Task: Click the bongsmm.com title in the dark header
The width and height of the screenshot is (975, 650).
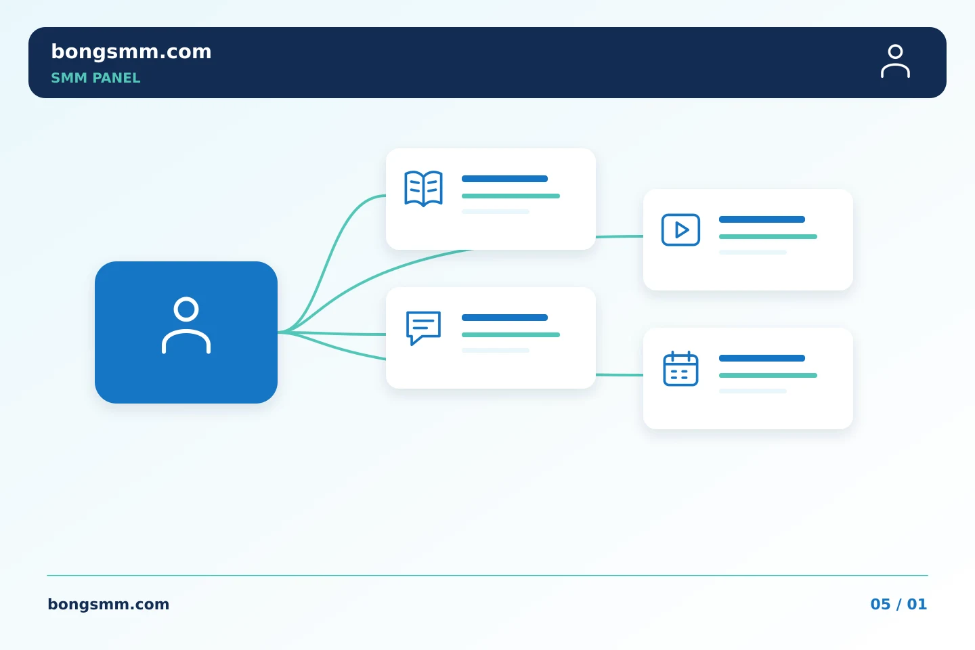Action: click(131, 52)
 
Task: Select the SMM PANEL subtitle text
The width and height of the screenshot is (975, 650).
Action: click(95, 78)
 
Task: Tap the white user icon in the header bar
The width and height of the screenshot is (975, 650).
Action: click(895, 62)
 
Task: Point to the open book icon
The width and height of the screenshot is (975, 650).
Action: click(424, 188)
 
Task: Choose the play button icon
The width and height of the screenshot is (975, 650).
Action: click(680, 230)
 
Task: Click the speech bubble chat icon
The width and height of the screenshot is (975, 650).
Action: click(424, 328)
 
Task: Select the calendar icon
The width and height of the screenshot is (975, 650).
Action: click(680, 368)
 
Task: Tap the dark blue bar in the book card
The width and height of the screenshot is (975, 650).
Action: click(504, 179)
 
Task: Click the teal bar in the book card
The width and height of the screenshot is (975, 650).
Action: click(511, 196)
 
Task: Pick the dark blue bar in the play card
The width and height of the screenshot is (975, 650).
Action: click(762, 219)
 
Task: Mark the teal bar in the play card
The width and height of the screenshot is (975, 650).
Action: click(768, 237)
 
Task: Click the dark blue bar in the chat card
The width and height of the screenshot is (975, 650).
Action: click(504, 318)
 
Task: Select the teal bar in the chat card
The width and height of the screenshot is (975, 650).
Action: click(511, 334)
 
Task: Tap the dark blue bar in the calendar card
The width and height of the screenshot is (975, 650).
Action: click(762, 358)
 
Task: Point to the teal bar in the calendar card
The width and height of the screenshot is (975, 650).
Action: click(768, 375)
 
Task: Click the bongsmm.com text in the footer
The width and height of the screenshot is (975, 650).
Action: click(108, 604)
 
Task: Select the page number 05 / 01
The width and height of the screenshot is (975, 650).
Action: click(898, 604)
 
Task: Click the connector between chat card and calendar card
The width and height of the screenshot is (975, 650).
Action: click(620, 375)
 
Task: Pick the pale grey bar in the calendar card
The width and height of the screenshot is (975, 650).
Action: click(753, 391)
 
